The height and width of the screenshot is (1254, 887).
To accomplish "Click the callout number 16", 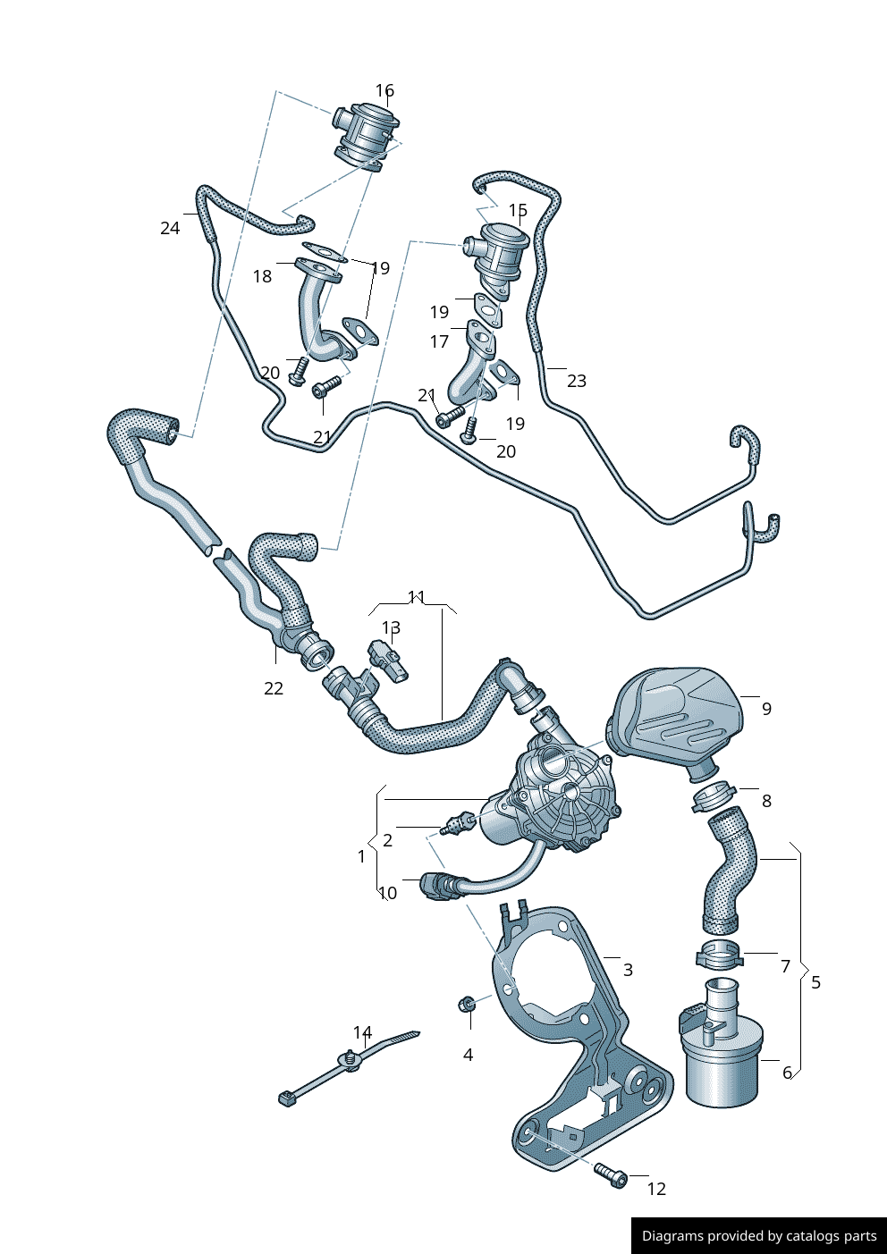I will [384, 90].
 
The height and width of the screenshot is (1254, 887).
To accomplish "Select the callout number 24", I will [170, 228].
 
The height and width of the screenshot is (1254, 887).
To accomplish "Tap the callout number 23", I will [577, 381].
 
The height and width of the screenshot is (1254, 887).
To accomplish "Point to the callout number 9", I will [766, 709].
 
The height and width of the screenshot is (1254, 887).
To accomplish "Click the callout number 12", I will [656, 1189].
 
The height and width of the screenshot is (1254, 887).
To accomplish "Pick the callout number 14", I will [362, 1033].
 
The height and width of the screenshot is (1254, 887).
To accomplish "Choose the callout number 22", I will [274, 688].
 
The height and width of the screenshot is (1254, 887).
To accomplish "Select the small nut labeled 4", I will [466, 1005].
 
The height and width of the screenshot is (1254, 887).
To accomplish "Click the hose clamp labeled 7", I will [719, 955].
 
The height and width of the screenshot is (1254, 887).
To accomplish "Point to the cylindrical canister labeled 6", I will [722, 1064].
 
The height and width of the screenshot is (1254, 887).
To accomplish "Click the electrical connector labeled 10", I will [437, 886].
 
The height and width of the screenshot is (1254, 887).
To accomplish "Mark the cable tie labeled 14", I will [349, 1066].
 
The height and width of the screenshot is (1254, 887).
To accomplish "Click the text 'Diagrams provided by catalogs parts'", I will [759, 1236].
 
